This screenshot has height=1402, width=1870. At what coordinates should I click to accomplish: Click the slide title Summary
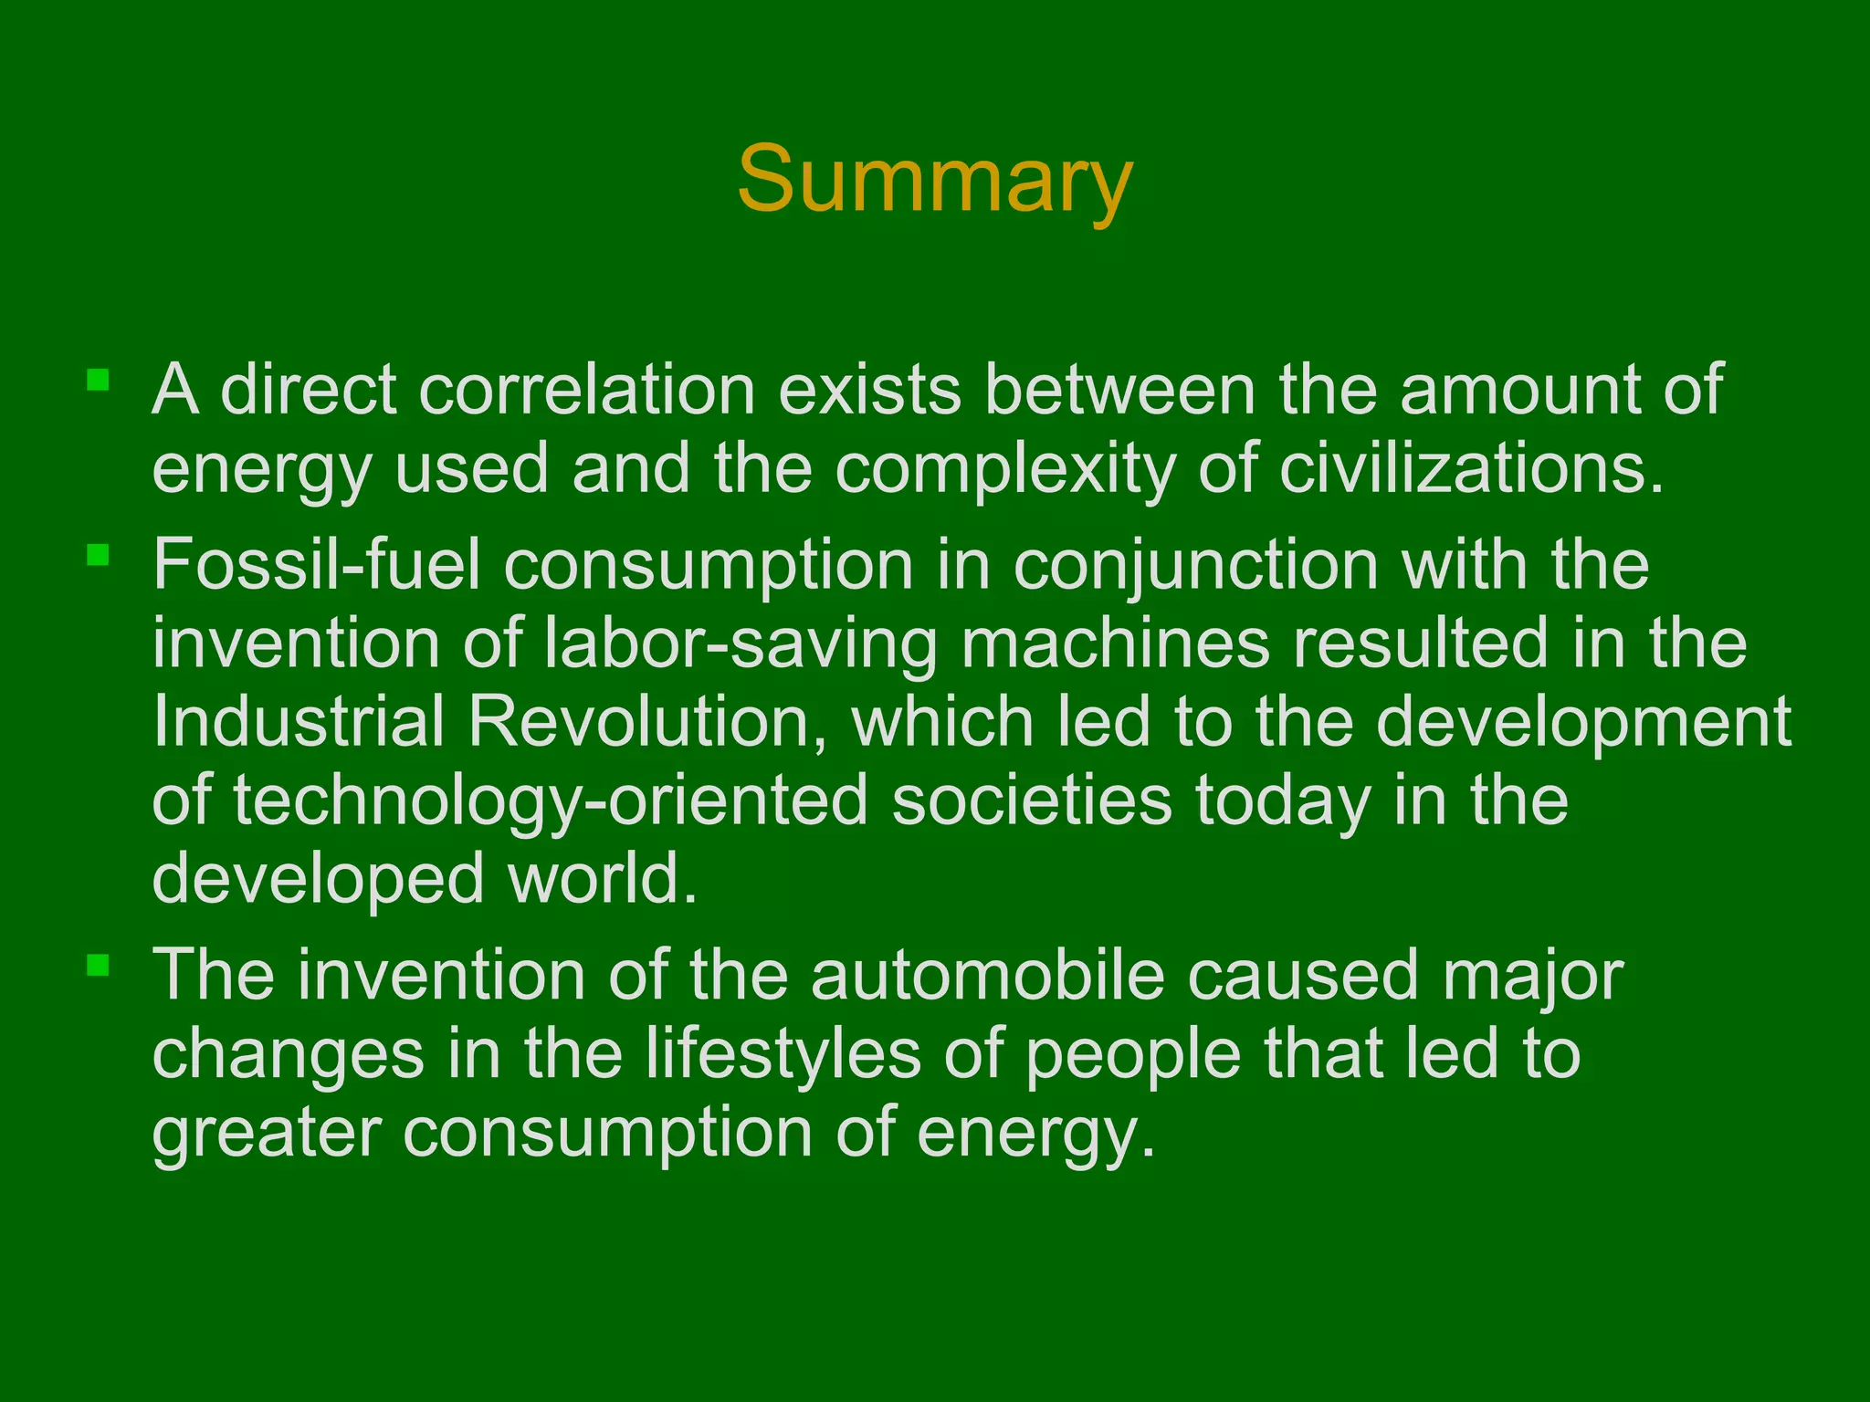[934, 180]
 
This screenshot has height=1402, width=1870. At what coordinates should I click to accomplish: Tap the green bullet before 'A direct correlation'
[98, 380]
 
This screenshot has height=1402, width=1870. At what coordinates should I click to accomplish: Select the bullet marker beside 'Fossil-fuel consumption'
[98, 555]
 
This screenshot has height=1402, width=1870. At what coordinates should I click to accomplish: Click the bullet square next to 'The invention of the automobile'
[98, 965]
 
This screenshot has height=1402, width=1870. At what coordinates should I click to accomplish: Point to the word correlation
[587, 390]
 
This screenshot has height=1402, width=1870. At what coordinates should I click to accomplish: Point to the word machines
[1115, 643]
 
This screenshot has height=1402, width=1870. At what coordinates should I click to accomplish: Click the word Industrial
[299, 722]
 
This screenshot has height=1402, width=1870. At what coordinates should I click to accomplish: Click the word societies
[1031, 800]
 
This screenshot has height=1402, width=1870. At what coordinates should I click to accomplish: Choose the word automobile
[987, 975]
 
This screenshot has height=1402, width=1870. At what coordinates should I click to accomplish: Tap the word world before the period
[594, 879]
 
